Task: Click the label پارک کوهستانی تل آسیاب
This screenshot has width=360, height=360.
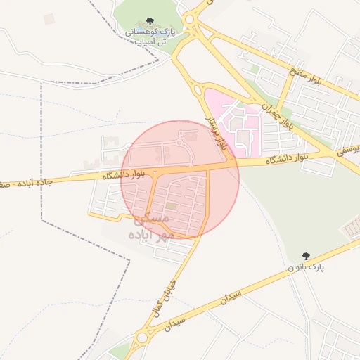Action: tap(149, 37)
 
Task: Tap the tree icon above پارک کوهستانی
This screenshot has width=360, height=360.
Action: tap(149, 23)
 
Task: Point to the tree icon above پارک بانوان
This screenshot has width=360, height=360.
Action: tap(305, 255)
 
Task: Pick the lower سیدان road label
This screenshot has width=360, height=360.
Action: tap(174, 323)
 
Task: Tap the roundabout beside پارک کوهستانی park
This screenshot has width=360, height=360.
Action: tap(189, 18)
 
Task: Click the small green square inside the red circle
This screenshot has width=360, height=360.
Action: tap(172, 206)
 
